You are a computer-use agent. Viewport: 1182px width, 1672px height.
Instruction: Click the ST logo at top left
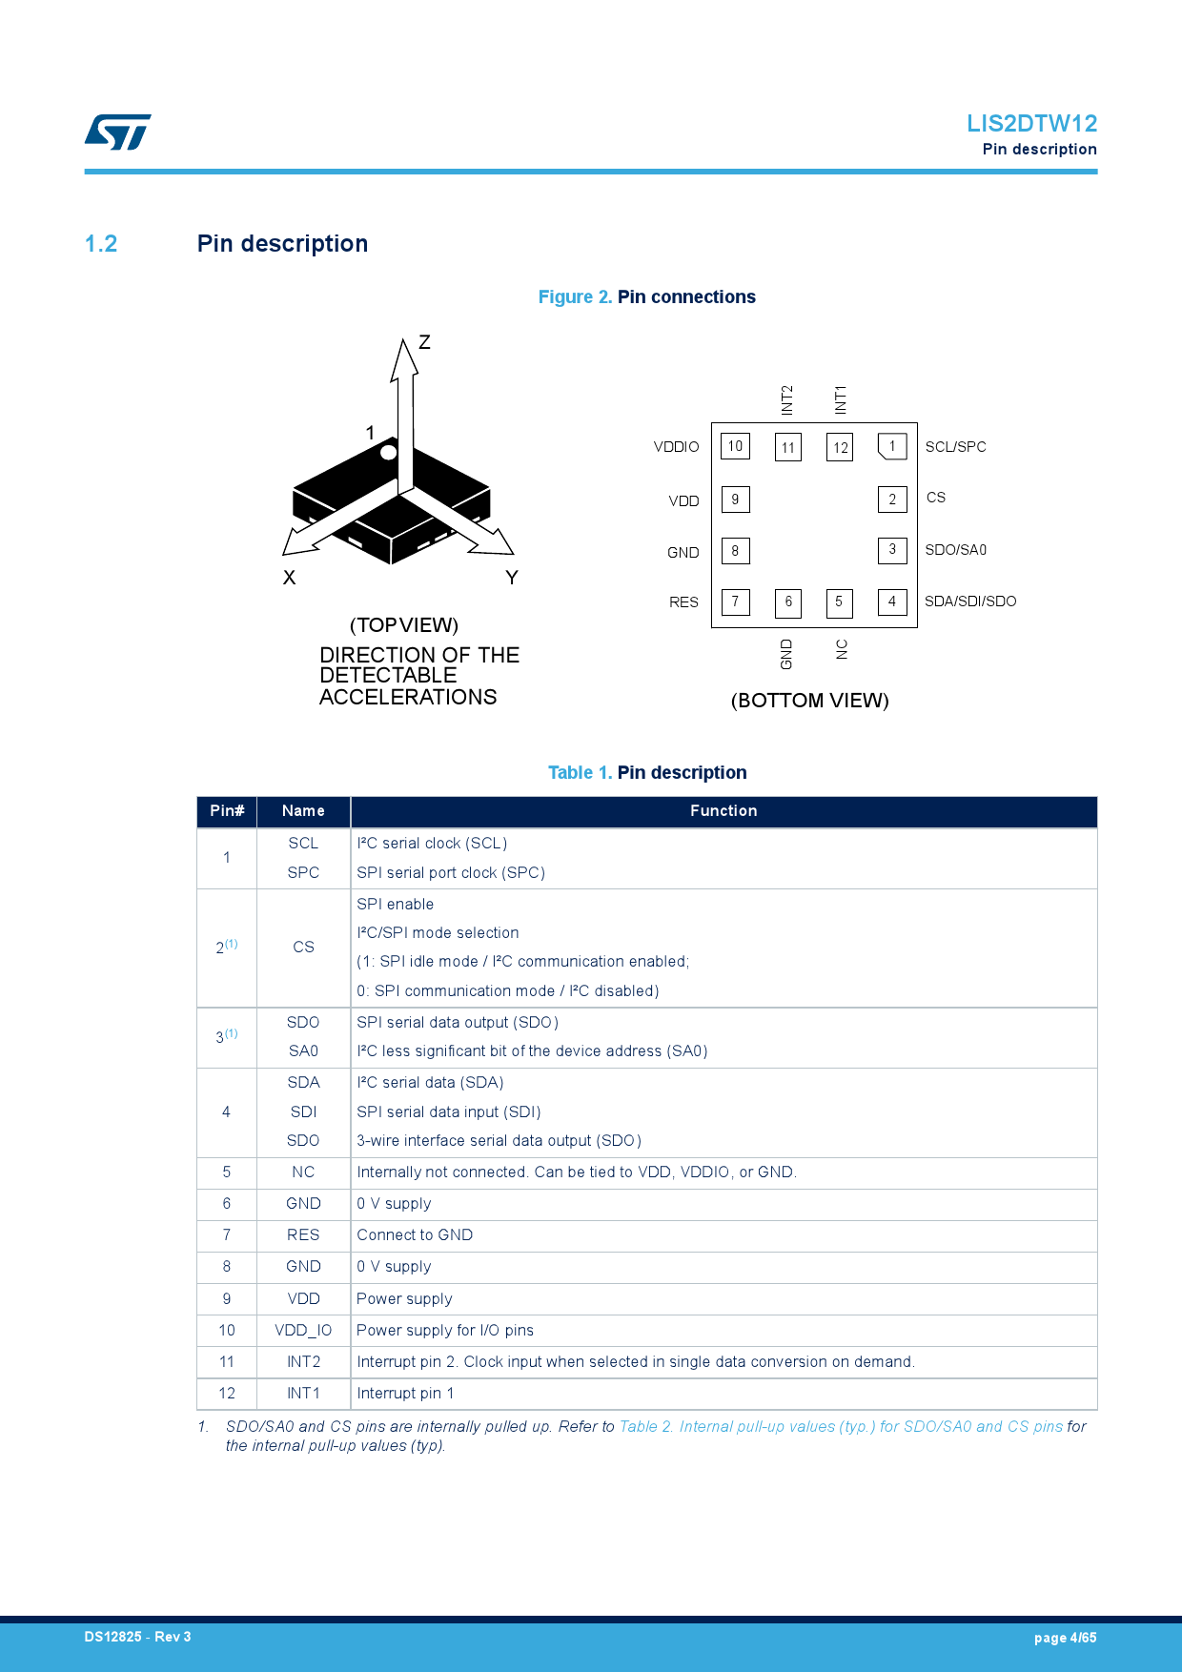117,133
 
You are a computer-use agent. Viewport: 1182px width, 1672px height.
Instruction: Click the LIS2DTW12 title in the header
1031,124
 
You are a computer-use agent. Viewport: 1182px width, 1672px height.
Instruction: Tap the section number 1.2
101,244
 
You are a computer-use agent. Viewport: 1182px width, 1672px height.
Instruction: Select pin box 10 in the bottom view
735,446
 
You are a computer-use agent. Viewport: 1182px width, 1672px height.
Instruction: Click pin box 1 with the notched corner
892,446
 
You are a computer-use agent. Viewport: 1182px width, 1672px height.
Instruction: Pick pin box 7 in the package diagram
735,602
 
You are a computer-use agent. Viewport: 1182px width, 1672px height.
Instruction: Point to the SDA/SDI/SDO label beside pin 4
969,602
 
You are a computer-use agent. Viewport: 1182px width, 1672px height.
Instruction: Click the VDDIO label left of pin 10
676,447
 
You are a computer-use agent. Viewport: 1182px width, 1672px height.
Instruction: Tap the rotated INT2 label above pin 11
787,400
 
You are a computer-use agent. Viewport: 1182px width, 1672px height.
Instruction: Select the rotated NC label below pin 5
842,649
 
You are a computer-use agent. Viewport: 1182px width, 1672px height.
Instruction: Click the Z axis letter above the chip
424,342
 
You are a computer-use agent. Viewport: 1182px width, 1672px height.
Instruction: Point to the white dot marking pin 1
388,453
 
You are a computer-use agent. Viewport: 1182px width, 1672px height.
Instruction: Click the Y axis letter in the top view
512,578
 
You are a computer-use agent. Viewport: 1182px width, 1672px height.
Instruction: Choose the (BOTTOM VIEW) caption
809,701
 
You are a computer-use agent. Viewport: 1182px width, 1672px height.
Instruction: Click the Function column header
723,811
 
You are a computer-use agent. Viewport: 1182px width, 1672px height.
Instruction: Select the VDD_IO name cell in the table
303,1331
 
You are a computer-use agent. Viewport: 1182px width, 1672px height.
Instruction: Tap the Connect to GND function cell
415,1235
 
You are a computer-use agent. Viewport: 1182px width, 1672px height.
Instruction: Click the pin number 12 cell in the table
227,1394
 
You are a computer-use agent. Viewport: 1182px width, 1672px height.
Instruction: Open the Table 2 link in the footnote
840,1427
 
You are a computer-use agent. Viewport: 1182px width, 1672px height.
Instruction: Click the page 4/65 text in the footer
1065,1638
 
